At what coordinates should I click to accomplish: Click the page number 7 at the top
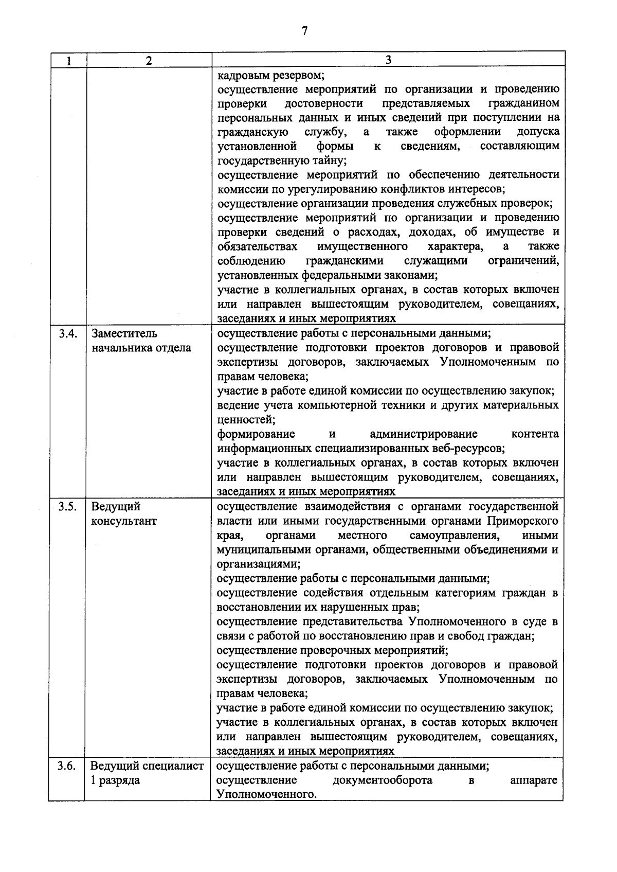[304, 31]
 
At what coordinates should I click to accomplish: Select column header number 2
[149, 61]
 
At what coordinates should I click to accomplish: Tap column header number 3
[388, 60]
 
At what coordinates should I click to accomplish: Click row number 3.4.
[67, 333]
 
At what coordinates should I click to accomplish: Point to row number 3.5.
[67, 507]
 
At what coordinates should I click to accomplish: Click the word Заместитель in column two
[124, 333]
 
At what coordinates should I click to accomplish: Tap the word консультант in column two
[123, 521]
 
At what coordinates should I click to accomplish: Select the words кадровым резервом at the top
[270, 75]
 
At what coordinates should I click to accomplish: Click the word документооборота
[382, 780]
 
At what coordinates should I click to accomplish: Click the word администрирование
[423, 434]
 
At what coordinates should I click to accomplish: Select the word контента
[535, 434]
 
